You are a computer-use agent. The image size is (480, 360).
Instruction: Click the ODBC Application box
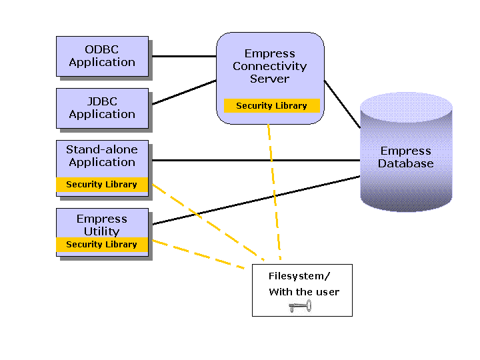102,56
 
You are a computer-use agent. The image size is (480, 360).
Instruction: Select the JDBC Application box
102,109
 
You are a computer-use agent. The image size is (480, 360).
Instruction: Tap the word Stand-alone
102,149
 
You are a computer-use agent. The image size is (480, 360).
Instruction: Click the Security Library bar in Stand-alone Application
102,184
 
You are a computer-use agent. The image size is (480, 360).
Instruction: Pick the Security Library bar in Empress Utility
102,244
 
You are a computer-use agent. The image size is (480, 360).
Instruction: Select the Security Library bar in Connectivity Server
272,105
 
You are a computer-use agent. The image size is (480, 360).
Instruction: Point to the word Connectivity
270,66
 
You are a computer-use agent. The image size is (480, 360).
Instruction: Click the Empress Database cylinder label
405,157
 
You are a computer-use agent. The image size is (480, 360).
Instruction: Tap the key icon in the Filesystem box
300,306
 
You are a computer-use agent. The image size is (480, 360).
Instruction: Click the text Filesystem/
299,276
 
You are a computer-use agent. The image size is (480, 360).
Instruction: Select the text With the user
304,292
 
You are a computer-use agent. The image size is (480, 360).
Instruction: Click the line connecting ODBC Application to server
184,56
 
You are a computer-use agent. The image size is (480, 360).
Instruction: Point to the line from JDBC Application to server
184,92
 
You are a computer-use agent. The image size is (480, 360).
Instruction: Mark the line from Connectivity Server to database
342,105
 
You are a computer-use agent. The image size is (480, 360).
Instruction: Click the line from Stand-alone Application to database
256,160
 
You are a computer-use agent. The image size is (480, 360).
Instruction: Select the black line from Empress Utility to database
256,200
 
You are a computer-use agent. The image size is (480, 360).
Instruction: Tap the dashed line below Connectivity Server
274,192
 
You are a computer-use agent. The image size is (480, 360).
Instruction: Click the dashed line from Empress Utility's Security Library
199,255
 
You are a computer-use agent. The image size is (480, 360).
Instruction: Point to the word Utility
102,231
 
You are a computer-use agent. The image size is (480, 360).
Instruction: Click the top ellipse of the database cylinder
406,108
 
